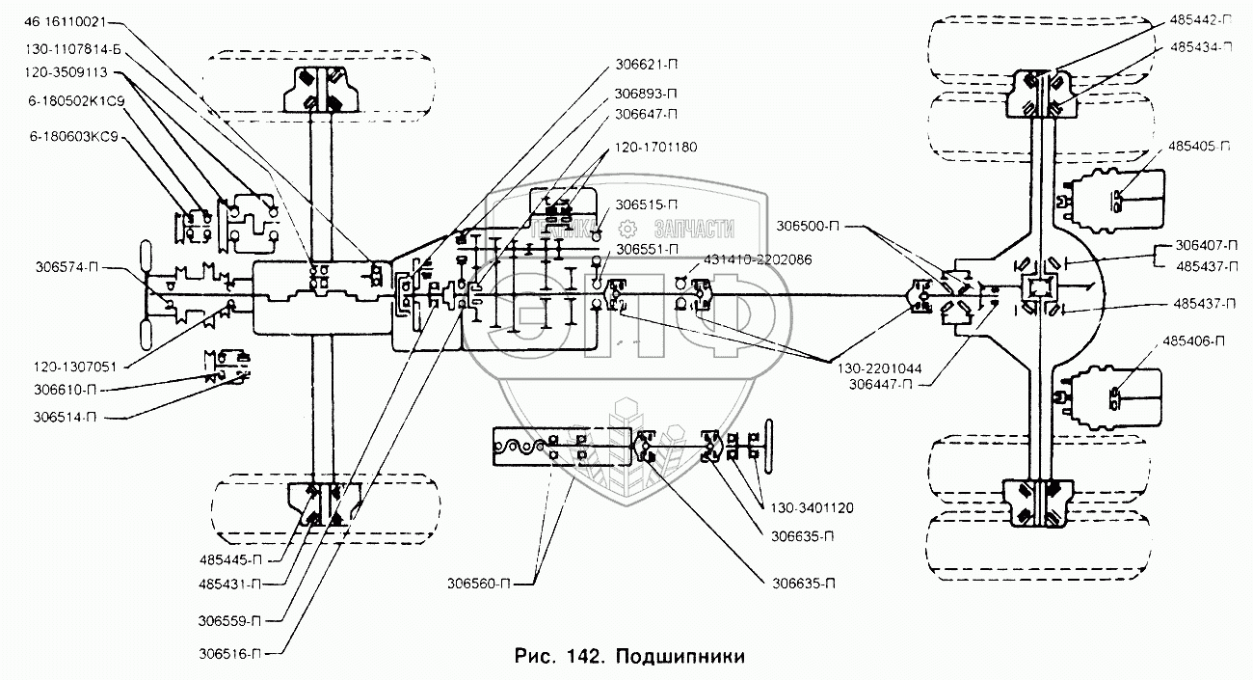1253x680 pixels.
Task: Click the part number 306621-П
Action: tap(647, 68)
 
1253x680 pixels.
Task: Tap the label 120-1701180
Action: tap(653, 147)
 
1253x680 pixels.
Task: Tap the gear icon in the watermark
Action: tap(627, 229)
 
